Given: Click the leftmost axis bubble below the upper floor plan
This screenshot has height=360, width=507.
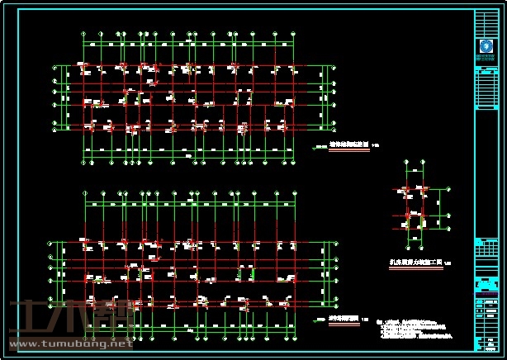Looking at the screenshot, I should pyautogui.click(x=86, y=161).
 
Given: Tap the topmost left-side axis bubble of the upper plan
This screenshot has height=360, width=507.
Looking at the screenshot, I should pyautogui.click(x=56, y=66).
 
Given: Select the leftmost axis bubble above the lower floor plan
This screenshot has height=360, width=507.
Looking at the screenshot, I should pyautogui.click(x=86, y=196).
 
